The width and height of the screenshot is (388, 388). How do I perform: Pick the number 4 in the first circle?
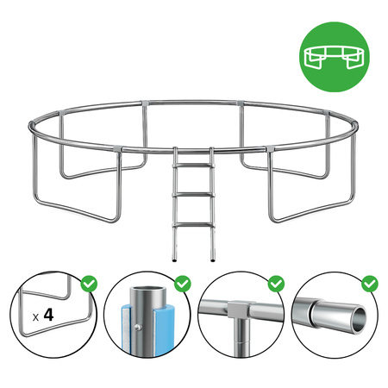(48, 316)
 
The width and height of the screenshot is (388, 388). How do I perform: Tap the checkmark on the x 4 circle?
(87, 283)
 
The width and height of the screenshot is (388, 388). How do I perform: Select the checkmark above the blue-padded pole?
(181, 283)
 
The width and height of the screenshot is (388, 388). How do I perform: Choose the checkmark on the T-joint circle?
(275, 283)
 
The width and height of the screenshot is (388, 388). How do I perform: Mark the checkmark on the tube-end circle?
(369, 283)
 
